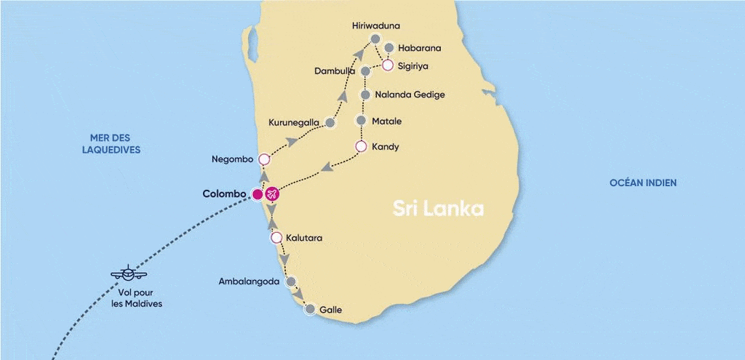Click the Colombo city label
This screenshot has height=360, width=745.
(x=223, y=194)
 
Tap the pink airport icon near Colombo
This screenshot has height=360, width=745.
(x=272, y=194)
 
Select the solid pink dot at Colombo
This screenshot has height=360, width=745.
(x=257, y=194)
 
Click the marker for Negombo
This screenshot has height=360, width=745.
(x=264, y=159)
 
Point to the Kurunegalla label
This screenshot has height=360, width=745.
(x=294, y=122)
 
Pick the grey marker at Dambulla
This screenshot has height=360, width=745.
(x=365, y=71)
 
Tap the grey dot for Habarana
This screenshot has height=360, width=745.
(x=389, y=48)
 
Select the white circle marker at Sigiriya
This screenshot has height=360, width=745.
(x=388, y=65)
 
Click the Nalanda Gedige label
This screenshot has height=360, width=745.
(x=409, y=95)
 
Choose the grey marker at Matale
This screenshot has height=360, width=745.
(x=361, y=121)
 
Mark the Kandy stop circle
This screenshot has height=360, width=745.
(x=360, y=146)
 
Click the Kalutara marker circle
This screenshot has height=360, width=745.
(x=276, y=238)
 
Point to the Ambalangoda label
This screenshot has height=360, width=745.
(x=250, y=281)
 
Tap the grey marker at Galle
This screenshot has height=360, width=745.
(x=310, y=310)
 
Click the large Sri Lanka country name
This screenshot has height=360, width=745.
(x=438, y=209)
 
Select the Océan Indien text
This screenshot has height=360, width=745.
(x=642, y=183)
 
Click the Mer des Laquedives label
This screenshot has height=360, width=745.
(x=115, y=144)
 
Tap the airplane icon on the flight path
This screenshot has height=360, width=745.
(x=129, y=274)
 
